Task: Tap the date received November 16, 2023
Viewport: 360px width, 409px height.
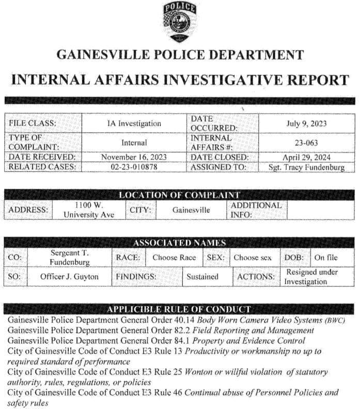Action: click(x=134, y=157)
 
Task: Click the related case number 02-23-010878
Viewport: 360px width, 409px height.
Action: click(x=134, y=167)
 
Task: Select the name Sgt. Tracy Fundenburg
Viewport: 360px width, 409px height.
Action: click(x=307, y=167)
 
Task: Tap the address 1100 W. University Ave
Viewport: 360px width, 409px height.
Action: click(x=88, y=209)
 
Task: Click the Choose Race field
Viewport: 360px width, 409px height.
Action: click(x=174, y=257)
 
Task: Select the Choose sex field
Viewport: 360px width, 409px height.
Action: click(x=252, y=257)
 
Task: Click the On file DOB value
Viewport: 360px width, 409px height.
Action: click(x=326, y=257)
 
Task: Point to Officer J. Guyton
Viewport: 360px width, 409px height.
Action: click(x=69, y=277)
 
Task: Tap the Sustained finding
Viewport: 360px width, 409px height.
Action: click(x=202, y=277)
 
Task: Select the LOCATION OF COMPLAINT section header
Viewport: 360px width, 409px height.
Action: click(x=179, y=195)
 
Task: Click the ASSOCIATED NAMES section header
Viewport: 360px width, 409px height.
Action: click(x=179, y=243)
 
